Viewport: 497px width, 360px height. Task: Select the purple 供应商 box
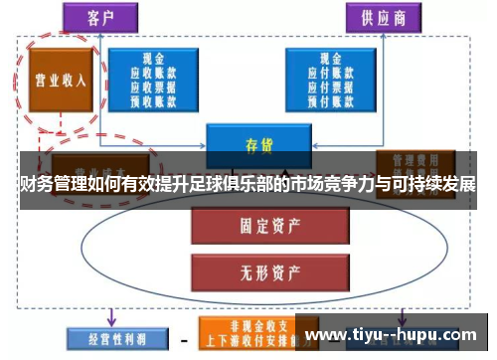(380, 17)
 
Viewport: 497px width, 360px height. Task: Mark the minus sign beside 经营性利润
(183, 339)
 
